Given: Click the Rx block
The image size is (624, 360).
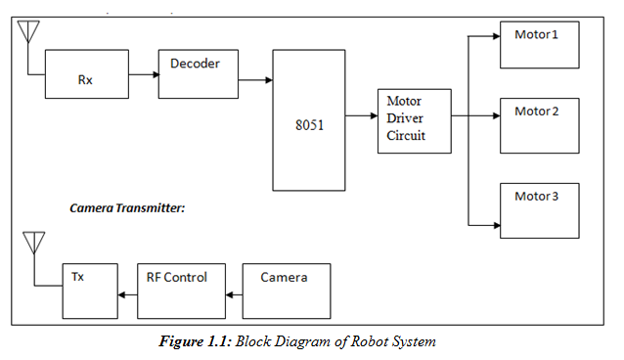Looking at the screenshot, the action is (x=87, y=74).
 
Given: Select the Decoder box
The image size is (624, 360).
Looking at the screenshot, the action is (x=199, y=74).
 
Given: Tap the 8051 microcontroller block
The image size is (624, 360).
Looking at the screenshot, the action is (x=309, y=120).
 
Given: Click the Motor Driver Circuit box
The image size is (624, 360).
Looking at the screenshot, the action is (x=415, y=121).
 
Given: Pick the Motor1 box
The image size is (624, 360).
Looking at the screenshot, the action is (x=540, y=45).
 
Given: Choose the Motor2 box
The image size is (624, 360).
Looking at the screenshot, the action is (x=540, y=126).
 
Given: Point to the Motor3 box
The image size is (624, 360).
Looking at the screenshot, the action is (x=540, y=210).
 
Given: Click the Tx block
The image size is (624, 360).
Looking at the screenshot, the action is (x=90, y=292).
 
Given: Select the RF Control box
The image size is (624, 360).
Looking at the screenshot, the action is (x=182, y=292).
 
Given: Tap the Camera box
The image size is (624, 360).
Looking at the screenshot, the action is (x=287, y=292).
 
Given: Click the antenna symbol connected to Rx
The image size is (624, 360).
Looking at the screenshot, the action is (x=28, y=32).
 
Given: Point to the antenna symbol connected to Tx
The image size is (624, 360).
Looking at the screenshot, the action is (x=34, y=243).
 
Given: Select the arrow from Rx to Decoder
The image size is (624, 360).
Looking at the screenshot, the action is (x=144, y=74).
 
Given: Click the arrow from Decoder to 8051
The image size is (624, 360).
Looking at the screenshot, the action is (x=255, y=80).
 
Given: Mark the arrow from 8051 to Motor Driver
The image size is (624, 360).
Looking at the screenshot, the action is (x=361, y=115).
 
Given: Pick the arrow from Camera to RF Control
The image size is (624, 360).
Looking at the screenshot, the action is (x=234, y=295).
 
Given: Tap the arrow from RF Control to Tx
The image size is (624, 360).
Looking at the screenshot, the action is (x=127, y=295).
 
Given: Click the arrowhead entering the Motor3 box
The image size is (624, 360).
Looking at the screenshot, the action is (x=497, y=225).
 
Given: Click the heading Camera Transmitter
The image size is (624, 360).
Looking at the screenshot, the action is (x=127, y=207).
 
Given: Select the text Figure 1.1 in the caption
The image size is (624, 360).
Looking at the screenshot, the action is (x=196, y=341).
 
